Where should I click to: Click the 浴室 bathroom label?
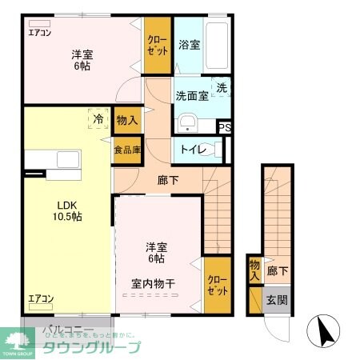tap(189, 45)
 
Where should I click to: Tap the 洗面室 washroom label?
tap(192, 96)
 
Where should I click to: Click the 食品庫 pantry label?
tap(126, 150)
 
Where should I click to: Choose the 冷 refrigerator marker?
tap(97, 119)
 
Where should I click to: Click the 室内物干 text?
tap(154, 283)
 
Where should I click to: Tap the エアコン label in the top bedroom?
tap(39, 33)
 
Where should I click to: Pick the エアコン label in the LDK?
tap(40, 299)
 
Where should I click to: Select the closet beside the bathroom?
tap(157, 45)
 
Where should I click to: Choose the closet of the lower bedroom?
tap(217, 285)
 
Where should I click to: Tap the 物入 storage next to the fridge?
tap(126, 121)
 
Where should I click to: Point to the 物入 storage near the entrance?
tap(254, 270)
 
